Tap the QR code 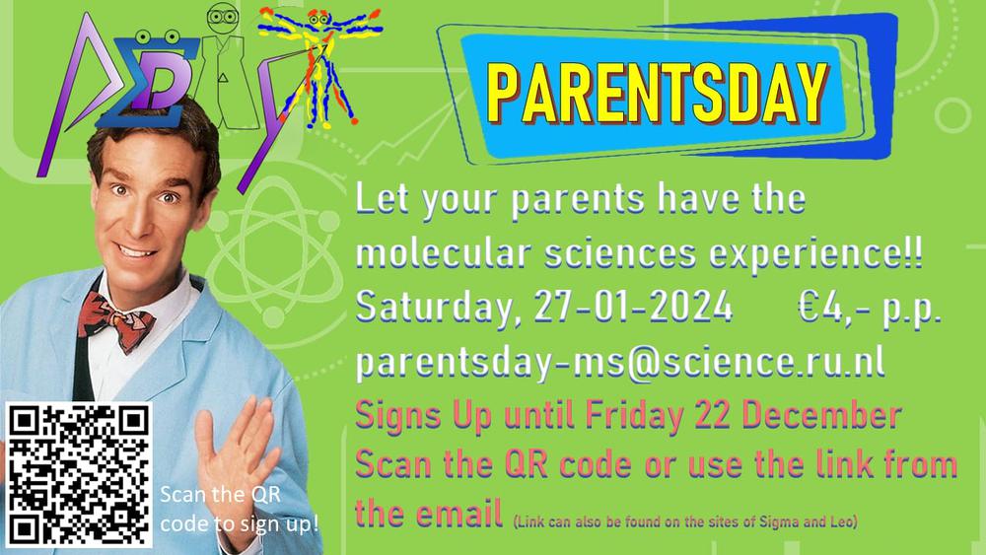(79, 475)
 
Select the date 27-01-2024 (633, 308)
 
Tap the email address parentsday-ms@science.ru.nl (620, 363)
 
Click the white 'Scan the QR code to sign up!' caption (239, 509)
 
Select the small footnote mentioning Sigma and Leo (685, 521)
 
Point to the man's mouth (136, 250)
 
